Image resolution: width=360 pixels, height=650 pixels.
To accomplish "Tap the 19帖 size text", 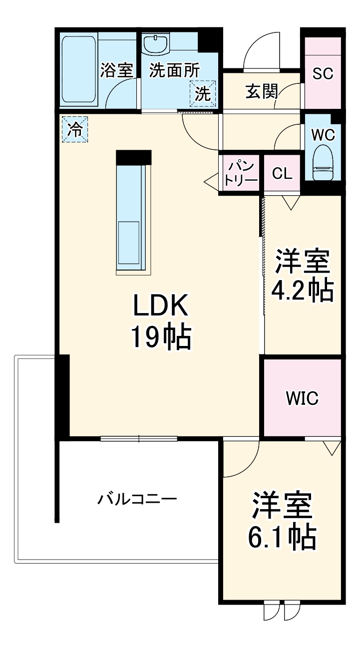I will click(x=161, y=338).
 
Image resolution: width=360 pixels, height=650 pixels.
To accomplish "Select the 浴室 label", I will click(x=116, y=70).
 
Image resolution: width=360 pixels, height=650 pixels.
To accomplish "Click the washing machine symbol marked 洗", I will click(x=203, y=93).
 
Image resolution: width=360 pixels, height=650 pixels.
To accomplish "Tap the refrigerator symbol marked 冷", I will click(x=74, y=130).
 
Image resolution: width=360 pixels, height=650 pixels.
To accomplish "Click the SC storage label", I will click(x=323, y=73).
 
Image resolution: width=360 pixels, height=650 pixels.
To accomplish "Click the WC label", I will click(x=323, y=135).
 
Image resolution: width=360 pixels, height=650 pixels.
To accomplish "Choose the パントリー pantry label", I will click(x=240, y=172).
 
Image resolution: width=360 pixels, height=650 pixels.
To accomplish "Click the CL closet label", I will click(x=282, y=173).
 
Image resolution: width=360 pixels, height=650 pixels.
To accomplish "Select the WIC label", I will click(x=302, y=398).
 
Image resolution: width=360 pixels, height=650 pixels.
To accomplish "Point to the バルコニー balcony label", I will click(x=137, y=499).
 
